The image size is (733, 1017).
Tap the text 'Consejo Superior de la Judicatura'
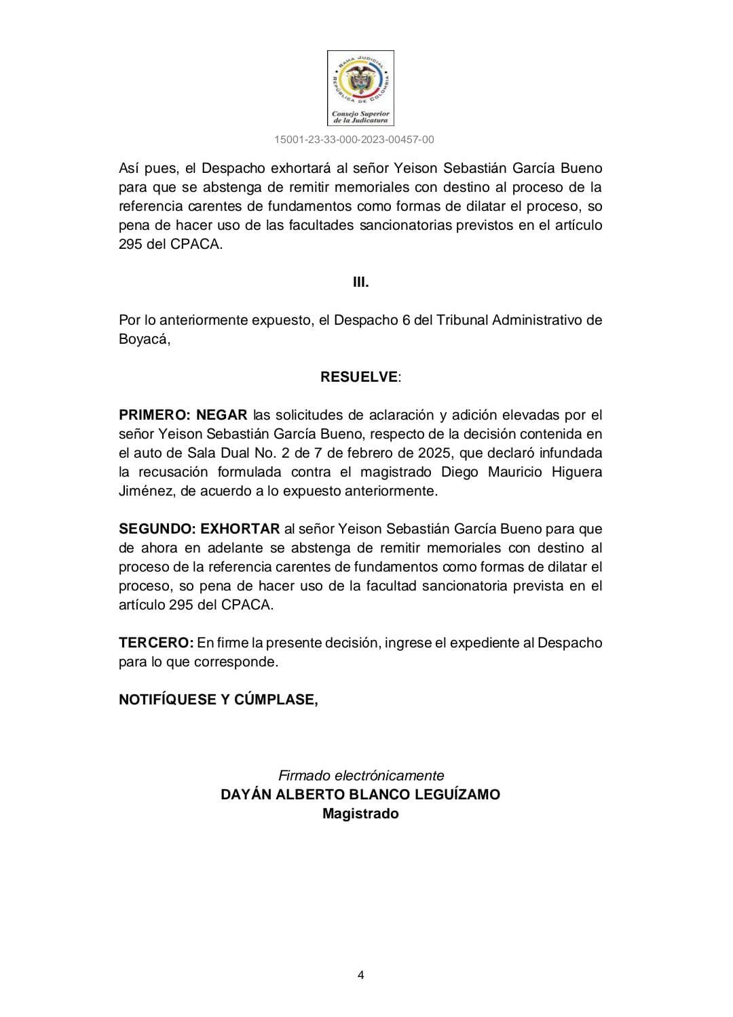point(360,117)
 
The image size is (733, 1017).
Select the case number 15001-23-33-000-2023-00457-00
point(354,140)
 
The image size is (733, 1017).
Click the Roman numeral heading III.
point(360,282)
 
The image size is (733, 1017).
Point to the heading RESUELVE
point(359,377)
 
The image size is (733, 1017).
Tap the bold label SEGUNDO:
point(156,529)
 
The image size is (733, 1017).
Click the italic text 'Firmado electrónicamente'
point(361,776)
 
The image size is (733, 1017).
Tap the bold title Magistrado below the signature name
point(360,814)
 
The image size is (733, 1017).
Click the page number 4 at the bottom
point(360,976)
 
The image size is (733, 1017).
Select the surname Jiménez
point(147,491)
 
